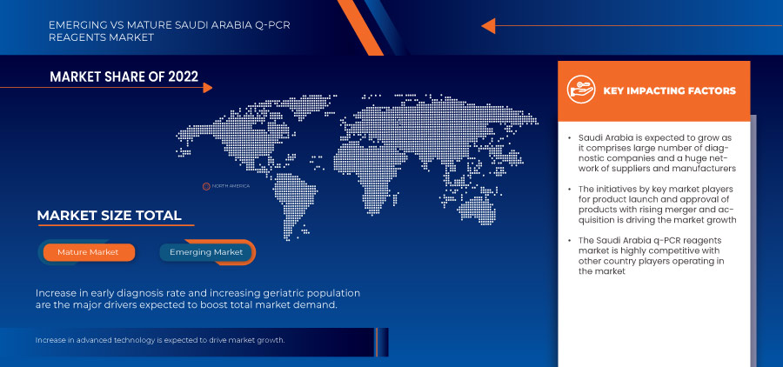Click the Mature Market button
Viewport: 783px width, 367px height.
tap(88, 252)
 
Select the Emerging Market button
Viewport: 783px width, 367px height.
tap(206, 252)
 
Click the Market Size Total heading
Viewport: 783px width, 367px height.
tap(109, 216)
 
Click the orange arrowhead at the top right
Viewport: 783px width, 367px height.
tap(488, 26)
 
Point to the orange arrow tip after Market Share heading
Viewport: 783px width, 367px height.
tap(207, 87)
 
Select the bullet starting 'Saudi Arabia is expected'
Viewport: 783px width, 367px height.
tap(657, 153)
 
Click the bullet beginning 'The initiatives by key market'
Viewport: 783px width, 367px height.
tap(657, 204)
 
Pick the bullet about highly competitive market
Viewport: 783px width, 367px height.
tap(657, 256)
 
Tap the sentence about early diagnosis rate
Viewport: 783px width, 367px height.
tap(197, 299)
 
